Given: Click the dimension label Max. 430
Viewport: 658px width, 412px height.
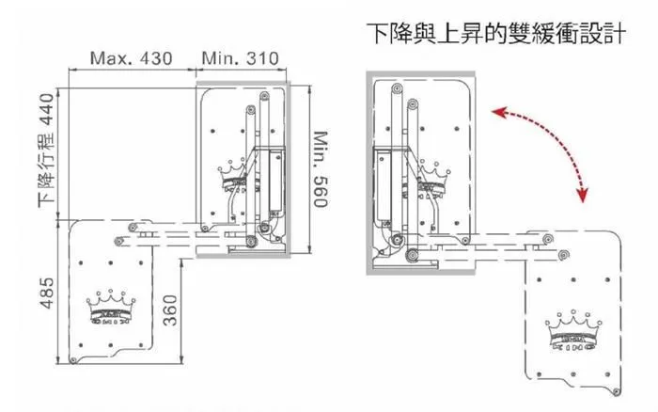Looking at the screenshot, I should (x=132, y=58).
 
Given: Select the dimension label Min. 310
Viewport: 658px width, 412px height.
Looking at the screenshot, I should (x=241, y=58).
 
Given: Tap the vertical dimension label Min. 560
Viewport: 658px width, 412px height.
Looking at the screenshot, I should (x=320, y=165).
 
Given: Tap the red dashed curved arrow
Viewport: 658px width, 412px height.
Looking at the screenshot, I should (x=555, y=141).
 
